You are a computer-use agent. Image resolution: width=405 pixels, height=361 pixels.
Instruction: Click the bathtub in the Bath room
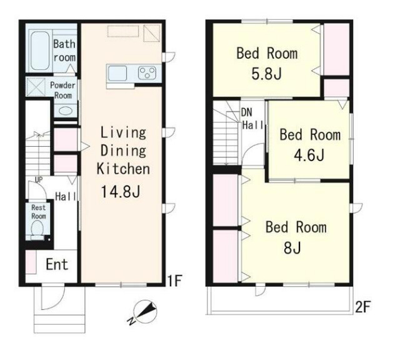[x=40, y=51]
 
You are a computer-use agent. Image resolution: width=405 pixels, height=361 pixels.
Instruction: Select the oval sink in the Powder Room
[x=66, y=111]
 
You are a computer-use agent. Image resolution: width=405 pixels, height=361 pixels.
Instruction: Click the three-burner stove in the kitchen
[x=147, y=72]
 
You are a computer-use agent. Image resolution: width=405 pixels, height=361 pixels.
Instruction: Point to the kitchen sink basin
[x=117, y=73]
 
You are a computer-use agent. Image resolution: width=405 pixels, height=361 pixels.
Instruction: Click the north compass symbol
[x=143, y=312]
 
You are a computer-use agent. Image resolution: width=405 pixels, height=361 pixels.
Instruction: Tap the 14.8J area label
[x=121, y=192]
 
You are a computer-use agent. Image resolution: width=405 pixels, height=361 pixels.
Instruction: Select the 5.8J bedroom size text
[x=266, y=74]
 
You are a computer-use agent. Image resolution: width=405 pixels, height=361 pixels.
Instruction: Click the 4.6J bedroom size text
[x=309, y=155]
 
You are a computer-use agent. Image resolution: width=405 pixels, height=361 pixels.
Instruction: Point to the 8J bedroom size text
[x=292, y=248]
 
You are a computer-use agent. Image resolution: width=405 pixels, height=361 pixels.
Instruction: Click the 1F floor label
[x=175, y=281]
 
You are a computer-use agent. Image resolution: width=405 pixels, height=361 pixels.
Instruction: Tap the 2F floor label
[x=363, y=307]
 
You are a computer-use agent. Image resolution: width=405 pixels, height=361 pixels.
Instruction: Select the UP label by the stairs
[x=39, y=180]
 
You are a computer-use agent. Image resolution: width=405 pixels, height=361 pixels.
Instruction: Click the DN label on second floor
[x=246, y=112]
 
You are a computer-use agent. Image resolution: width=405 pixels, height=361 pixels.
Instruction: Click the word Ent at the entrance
[x=57, y=264]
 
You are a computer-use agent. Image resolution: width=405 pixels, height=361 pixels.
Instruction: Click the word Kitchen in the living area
[x=123, y=169]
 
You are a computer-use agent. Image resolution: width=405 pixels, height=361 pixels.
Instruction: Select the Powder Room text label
[x=62, y=90]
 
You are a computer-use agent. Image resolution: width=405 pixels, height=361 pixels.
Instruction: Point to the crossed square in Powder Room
[x=36, y=87]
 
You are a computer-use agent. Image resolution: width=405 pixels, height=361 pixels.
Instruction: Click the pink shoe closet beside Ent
[x=31, y=262]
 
